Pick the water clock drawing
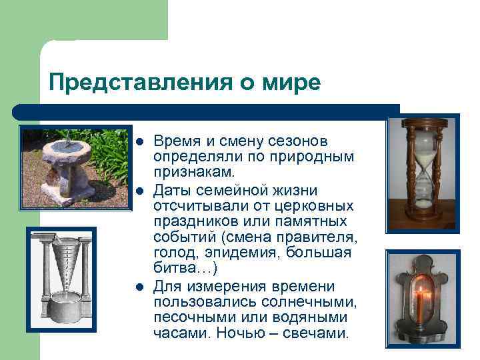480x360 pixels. tap(61, 279)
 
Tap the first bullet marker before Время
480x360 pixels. tap(139, 142)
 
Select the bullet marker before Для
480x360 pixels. tap(139, 287)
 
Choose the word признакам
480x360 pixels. tap(194, 174)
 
